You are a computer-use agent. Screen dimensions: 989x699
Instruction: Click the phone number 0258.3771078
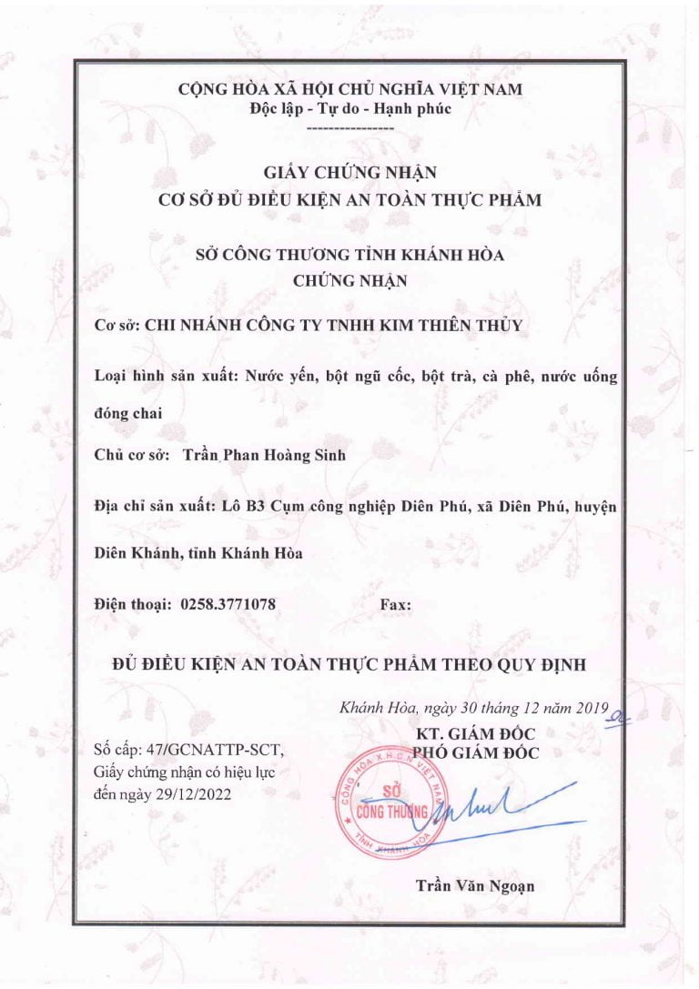point(228,604)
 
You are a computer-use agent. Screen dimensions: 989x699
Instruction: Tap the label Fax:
point(394,604)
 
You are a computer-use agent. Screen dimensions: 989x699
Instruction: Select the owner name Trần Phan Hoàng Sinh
point(264,456)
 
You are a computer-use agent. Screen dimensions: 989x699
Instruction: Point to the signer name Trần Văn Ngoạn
point(474,884)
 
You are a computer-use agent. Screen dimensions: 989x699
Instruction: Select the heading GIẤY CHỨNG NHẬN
point(350,171)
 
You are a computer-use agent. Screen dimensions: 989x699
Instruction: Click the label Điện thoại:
point(133,604)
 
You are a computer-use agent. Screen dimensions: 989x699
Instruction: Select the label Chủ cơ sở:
point(133,456)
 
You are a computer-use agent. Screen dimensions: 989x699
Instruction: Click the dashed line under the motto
point(350,129)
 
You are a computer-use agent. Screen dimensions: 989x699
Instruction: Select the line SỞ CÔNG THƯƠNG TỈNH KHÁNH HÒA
point(350,256)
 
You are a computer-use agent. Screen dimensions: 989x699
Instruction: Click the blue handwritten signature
point(491,802)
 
